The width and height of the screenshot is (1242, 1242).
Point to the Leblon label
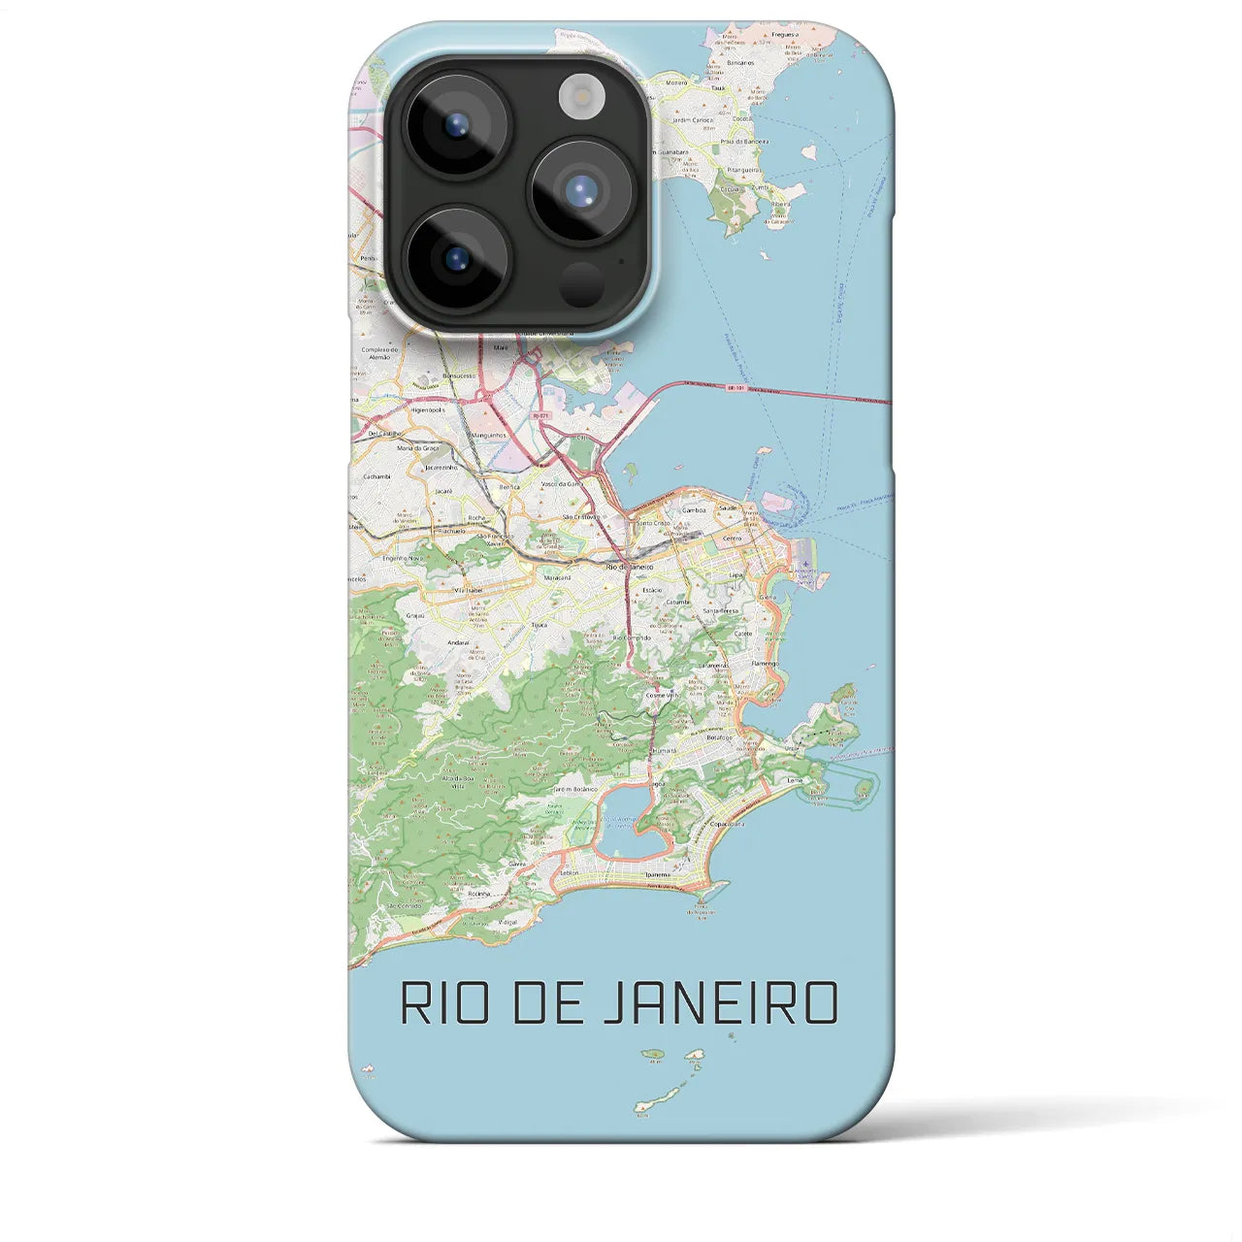[x=570, y=872]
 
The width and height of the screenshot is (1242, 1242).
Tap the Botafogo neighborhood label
[x=719, y=737]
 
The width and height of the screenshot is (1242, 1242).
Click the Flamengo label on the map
[x=765, y=664]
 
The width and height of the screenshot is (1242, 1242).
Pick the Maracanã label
[x=557, y=576]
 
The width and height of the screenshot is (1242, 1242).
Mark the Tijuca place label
[x=539, y=626]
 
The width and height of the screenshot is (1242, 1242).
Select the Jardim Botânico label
[x=575, y=790]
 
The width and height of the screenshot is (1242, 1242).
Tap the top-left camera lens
[x=455, y=124]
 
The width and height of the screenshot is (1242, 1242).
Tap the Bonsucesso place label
[x=458, y=375]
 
